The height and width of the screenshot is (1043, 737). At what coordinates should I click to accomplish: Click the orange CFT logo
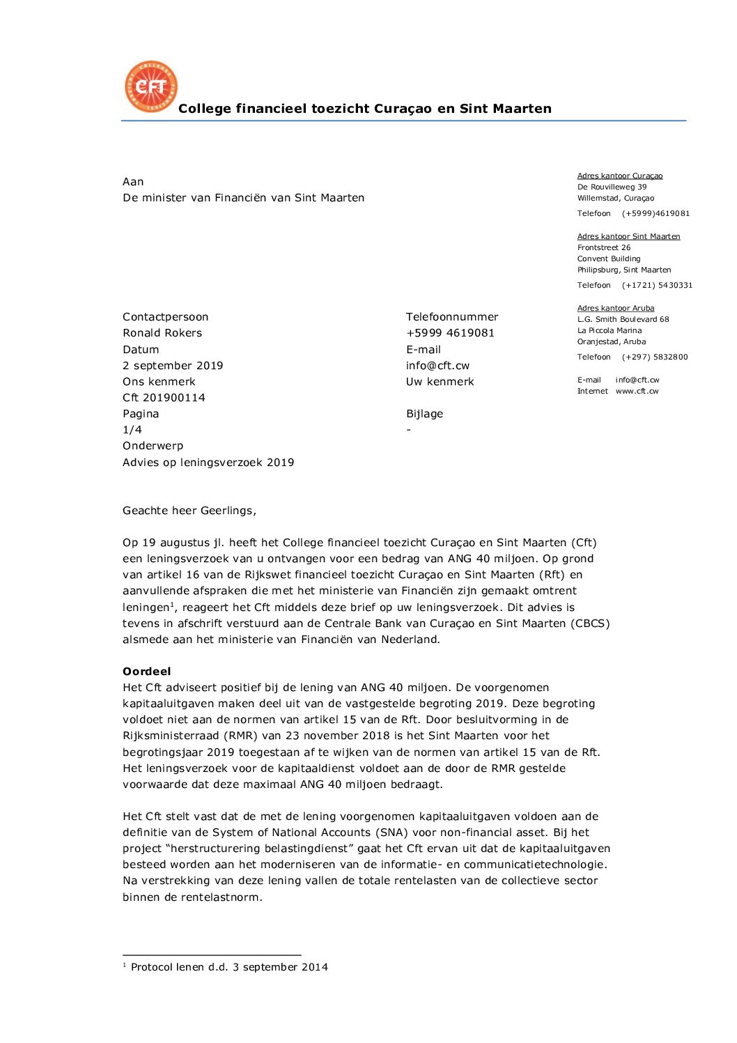click(151, 86)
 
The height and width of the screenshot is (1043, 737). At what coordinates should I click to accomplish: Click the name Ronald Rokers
click(162, 333)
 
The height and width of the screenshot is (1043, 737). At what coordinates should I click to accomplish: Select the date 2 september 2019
click(173, 366)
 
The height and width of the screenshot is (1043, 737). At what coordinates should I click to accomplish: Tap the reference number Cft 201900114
click(164, 398)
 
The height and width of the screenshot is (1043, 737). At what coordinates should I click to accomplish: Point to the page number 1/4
click(132, 430)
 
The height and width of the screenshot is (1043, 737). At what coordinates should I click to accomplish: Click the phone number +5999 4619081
click(450, 333)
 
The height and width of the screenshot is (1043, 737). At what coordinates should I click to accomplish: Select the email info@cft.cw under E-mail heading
click(437, 366)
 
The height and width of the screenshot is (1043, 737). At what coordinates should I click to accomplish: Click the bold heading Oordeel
click(146, 672)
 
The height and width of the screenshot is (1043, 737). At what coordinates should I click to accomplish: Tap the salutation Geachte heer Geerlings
click(189, 511)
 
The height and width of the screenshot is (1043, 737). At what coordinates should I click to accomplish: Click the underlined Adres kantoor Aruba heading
click(616, 308)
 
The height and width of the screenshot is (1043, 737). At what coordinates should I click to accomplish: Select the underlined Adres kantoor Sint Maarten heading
click(628, 236)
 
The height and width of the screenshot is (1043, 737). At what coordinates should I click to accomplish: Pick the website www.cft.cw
click(637, 392)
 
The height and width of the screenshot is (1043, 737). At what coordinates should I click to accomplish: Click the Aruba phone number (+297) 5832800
click(655, 357)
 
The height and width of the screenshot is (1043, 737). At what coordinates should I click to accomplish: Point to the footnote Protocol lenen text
click(229, 967)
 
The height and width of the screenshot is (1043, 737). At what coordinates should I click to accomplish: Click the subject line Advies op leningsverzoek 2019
click(208, 463)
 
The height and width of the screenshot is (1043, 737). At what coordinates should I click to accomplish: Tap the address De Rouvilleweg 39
click(612, 187)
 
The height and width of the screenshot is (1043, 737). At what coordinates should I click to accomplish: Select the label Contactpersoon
click(165, 317)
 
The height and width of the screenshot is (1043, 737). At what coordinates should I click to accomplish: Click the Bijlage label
click(424, 414)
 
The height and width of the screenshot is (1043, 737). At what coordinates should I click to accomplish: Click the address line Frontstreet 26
click(604, 247)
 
